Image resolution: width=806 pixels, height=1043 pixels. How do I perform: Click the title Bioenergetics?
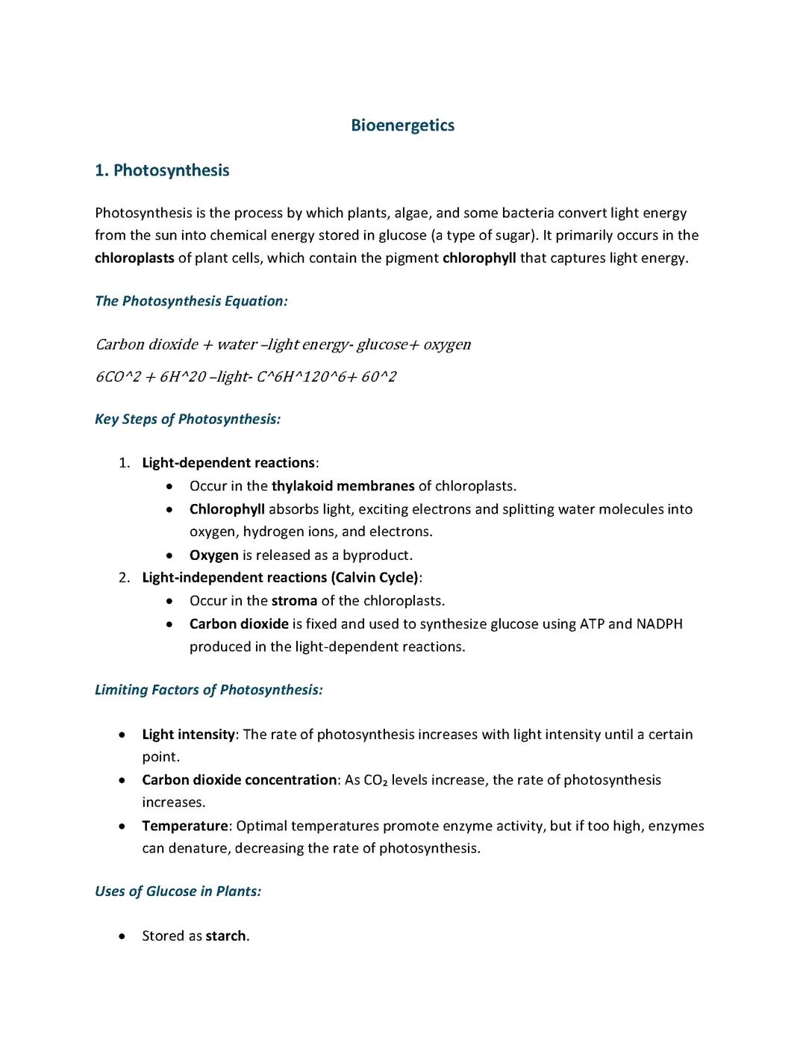(402, 125)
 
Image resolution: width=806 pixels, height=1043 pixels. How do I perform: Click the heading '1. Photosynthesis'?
(162, 170)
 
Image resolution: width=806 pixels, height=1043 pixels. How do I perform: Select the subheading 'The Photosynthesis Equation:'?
(191, 301)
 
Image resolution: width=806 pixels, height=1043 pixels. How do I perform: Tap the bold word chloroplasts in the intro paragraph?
(134, 258)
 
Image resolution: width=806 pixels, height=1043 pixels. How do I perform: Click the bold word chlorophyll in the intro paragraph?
(479, 258)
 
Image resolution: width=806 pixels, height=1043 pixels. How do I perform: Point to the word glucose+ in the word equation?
(382, 344)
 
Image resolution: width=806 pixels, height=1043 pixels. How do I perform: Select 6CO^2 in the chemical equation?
(118, 376)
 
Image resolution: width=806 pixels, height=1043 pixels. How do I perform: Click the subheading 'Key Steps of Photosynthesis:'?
(187, 419)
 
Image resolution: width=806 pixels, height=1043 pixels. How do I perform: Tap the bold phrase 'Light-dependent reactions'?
(228, 463)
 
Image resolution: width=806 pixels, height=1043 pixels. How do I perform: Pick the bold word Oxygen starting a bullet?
(214, 555)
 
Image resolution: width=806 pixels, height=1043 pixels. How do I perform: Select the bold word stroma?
(294, 601)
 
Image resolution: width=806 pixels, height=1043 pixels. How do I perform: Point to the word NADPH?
(659, 624)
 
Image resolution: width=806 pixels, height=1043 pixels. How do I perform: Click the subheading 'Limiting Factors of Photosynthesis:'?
(209, 690)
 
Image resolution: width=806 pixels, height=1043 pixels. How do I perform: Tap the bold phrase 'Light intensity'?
(188, 735)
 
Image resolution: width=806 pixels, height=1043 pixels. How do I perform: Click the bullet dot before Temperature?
(122, 826)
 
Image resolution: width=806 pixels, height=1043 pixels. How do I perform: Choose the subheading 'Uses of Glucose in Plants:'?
(178, 891)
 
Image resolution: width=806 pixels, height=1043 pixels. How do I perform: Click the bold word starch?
(225, 936)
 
